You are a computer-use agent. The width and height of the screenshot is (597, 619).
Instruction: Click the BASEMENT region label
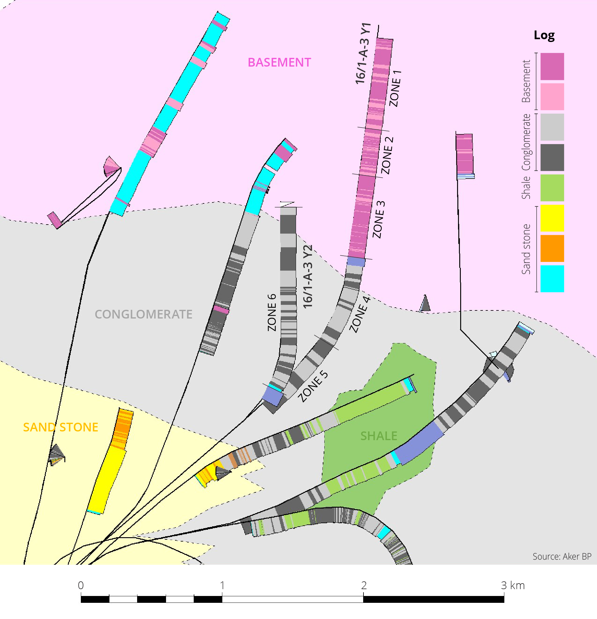tap(279, 62)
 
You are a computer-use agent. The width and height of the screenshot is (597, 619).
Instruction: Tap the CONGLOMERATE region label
tap(144, 314)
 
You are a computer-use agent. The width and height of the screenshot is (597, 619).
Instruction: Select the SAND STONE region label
tap(61, 427)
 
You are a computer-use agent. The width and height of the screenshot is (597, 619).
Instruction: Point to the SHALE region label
tap(378, 436)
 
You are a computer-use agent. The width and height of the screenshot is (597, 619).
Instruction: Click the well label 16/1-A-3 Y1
tap(363, 54)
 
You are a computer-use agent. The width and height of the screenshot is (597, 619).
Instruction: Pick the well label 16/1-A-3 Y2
tap(308, 276)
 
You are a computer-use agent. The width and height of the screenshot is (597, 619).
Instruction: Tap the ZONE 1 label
tap(395, 88)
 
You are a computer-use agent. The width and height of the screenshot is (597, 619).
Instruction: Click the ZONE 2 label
tap(387, 156)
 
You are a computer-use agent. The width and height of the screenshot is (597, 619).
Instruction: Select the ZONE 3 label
tap(378, 219)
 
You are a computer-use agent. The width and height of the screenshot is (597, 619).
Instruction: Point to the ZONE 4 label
tap(359, 314)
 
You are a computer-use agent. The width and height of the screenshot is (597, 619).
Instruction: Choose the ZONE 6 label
tap(272, 312)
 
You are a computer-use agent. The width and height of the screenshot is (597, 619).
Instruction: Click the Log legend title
tap(544, 35)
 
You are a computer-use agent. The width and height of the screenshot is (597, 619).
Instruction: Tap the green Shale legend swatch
tap(552, 188)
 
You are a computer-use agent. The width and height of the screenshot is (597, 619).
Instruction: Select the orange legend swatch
tap(552, 248)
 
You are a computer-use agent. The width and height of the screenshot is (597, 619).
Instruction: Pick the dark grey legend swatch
tap(552, 158)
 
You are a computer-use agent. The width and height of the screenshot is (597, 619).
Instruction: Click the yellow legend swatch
tap(552, 218)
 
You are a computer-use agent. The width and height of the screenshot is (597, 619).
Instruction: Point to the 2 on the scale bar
tap(364, 585)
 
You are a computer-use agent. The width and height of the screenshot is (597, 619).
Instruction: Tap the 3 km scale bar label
tap(513, 585)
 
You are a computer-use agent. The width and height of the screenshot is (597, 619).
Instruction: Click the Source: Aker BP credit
tap(562, 556)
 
